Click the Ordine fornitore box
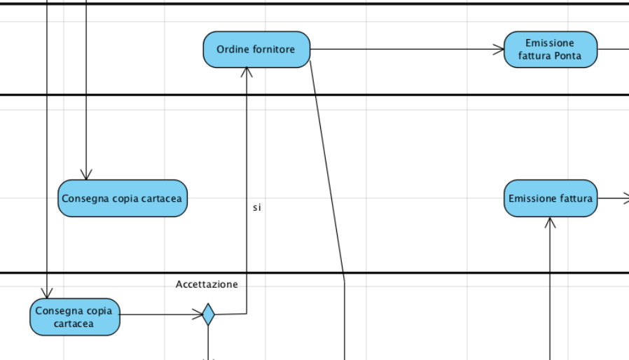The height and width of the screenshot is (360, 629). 256,50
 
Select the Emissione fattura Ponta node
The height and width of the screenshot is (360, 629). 551,50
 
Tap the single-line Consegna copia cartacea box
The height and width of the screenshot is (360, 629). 123,198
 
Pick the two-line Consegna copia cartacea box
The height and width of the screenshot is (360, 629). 74,317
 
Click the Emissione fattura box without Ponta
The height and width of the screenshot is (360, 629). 551,198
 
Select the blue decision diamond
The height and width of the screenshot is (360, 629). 208,314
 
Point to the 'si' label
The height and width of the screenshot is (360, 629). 257,207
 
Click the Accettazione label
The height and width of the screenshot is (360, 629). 207,284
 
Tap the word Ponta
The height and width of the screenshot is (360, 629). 567,56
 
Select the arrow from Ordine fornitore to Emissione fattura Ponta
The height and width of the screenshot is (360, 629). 406,50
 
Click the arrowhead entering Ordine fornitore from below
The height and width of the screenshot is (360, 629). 247,71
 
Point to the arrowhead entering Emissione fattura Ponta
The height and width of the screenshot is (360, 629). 499,50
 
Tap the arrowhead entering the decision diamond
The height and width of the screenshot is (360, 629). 198,314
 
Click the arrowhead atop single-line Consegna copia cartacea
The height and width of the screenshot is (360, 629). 85,175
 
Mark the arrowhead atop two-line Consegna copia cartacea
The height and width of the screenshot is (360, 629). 47,293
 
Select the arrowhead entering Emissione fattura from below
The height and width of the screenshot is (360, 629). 551,222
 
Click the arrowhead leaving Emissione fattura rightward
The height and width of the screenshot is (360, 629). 623,198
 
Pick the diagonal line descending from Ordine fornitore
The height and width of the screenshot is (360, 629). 327,168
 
